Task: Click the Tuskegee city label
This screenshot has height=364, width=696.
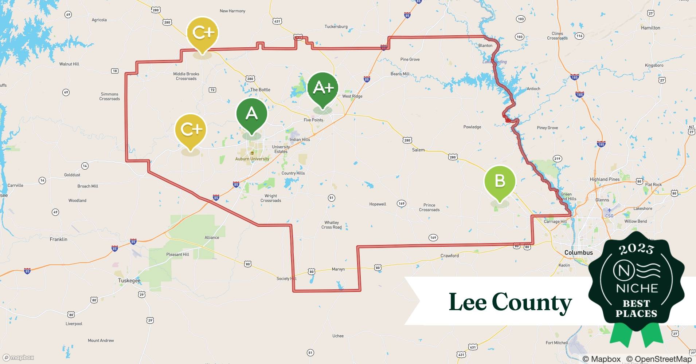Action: pos(129,281)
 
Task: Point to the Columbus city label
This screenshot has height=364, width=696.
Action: pos(578,253)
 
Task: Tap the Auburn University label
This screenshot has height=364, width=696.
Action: pos(252,159)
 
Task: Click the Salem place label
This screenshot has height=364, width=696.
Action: pos(418,150)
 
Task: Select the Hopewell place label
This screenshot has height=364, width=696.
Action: pos(378,204)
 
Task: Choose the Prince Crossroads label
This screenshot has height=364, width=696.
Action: pos(429,207)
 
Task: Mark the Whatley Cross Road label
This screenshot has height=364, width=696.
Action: pos(332,225)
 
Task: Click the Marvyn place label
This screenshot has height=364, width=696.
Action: pos(338,269)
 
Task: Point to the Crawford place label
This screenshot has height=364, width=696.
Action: pos(450,256)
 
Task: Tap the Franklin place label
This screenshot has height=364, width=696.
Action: pos(58,240)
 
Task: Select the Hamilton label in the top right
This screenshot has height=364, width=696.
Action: pos(650,28)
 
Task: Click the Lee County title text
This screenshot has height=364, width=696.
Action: pos(510,302)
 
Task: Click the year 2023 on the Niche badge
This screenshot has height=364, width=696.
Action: pos(636,249)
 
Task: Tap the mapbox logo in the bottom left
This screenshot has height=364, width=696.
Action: pos(19,357)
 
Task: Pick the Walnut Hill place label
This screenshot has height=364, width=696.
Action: pos(69,64)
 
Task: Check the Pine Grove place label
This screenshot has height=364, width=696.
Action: pos(410,59)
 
